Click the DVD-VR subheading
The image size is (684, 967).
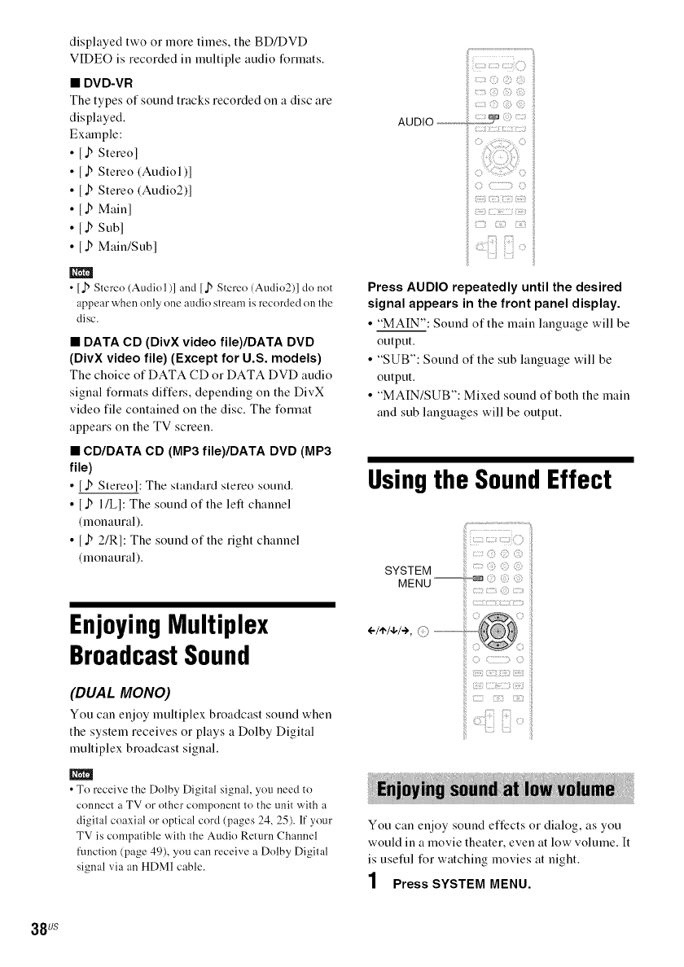pos(104,83)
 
